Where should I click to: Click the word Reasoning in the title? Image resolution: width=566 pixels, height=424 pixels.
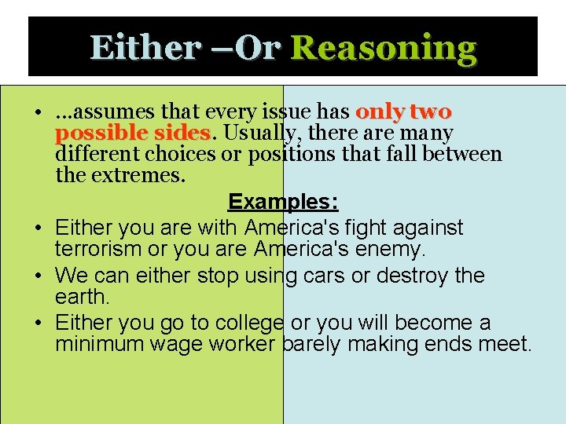tap(384, 48)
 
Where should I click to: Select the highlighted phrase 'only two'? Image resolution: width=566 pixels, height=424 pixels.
tap(403, 112)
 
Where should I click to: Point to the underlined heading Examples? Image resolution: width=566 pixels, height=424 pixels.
tap(283, 202)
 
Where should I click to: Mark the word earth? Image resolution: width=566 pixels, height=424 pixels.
tap(83, 298)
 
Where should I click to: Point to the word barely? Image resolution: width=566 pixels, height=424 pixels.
tap(310, 344)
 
